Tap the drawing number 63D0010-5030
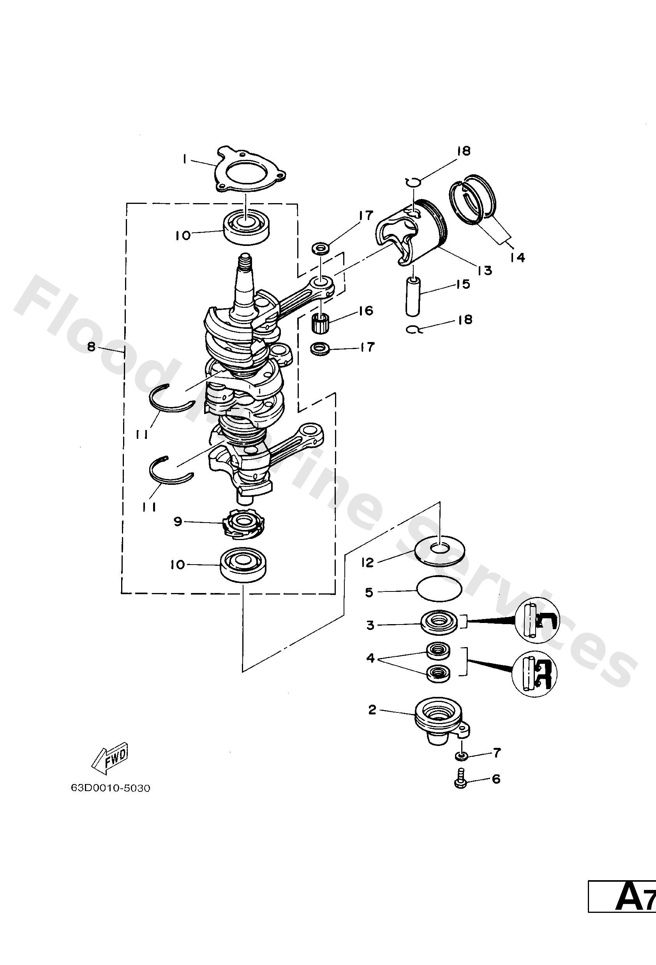(x=111, y=788)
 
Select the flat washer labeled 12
(x=439, y=551)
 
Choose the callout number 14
(x=518, y=258)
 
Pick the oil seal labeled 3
(x=440, y=625)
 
